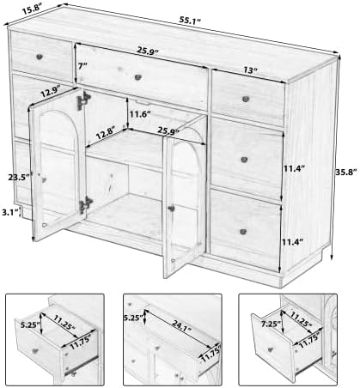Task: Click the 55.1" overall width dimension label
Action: click(190, 21)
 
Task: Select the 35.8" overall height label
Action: click(346, 172)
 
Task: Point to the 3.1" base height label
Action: click(9, 212)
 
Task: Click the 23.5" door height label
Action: click(19, 177)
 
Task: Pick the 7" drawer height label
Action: click(82, 66)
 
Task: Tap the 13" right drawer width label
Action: click(251, 70)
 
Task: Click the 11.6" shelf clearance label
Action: click(140, 114)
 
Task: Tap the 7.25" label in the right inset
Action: click(271, 324)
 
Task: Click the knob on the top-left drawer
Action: click(40, 57)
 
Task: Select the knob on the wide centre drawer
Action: click(138, 77)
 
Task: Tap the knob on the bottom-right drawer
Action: click(243, 232)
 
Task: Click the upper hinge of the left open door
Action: click(82, 100)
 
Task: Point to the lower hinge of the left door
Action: click(86, 205)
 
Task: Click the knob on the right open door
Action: click(172, 209)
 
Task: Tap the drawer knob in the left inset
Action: click(35, 351)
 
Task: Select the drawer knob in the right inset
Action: click(271, 349)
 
